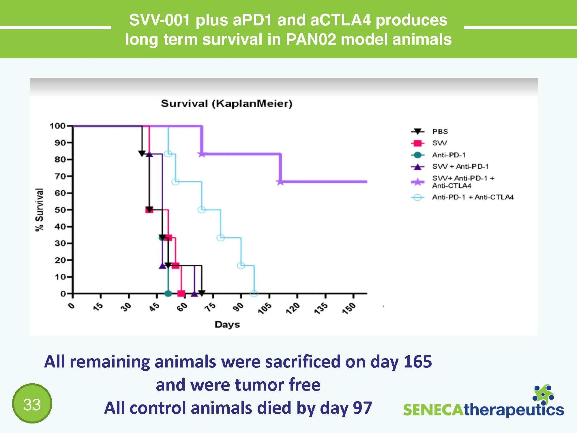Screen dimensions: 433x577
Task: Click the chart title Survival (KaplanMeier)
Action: point(226,103)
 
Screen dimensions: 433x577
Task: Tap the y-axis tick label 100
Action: point(57,126)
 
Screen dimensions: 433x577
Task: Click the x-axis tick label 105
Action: point(265,308)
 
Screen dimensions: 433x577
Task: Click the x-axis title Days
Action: point(227,324)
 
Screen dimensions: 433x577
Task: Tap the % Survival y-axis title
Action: point(40,210)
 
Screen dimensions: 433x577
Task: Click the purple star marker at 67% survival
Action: point(280,182)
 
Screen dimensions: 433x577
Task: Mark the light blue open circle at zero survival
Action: point(254,294)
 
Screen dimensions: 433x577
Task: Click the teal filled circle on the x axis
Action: point(168,294)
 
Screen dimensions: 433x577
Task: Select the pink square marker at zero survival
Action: point(181,294)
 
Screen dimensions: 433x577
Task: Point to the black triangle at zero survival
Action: point(202,293)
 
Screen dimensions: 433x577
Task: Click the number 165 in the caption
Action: point(417,361)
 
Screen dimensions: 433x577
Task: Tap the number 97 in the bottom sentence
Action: point(362,408)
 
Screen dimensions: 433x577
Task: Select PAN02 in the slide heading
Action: point(311,39)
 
